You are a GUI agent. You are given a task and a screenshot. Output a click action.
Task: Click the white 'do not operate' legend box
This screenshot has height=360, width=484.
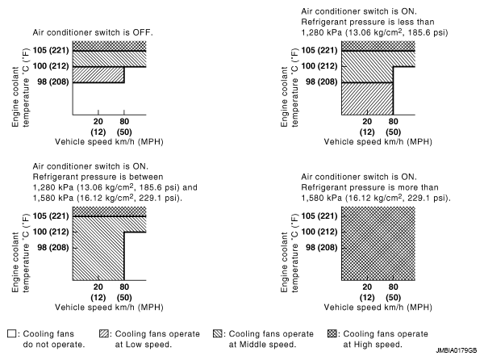coord(11,333)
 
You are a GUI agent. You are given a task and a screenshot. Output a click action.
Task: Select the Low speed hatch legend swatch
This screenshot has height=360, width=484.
coord(104,333)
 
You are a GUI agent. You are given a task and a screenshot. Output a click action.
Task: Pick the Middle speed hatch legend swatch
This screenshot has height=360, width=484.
coord(218,333)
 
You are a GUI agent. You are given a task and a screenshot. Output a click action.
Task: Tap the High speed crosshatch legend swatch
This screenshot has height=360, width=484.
coord(332,333)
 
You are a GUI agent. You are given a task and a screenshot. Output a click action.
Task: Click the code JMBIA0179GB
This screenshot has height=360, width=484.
coord(457,351)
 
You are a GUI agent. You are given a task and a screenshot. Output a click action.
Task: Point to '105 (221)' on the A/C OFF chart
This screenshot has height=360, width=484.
coord(51,50)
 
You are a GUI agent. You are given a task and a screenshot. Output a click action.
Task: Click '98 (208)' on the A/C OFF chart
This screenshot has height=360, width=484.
coord(53,82)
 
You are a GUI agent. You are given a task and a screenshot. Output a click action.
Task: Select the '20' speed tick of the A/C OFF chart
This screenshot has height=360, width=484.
coord(98,121)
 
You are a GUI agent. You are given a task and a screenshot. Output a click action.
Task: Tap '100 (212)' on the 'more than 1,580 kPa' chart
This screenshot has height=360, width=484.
coord(319,232)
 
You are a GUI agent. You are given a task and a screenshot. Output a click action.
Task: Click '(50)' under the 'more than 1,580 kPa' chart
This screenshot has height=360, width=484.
coord(394,297)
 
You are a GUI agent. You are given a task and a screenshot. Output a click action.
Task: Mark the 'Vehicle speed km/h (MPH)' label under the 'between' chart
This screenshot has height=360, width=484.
coord(109,308)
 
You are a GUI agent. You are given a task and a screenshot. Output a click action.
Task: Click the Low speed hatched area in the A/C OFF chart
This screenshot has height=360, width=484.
coord(98,75)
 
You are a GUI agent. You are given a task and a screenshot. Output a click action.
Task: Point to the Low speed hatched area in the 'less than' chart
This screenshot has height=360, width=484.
coord(367,98)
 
